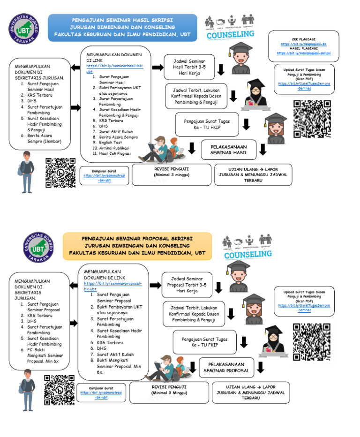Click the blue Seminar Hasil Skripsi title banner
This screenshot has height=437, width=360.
coord(122,28)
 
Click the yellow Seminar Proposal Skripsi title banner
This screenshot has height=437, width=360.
coord(137,246)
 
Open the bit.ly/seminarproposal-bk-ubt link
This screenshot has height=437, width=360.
coord(112,286)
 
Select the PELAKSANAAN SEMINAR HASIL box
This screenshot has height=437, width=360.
coord(228,150)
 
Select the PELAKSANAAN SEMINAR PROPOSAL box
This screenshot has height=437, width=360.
coord(226,367)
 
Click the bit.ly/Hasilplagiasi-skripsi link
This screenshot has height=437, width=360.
coord(303,53)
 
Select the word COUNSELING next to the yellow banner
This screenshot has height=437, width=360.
coord(247,254)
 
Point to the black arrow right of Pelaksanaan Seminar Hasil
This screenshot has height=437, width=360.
coord(263,150)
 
